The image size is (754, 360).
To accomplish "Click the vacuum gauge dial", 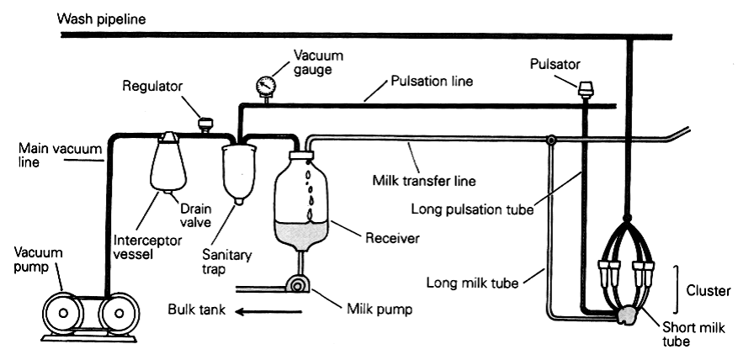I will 265,85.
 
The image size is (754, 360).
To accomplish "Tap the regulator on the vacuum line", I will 204,124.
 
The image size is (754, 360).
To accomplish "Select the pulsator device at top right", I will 584,87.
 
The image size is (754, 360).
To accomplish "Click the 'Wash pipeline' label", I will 101,18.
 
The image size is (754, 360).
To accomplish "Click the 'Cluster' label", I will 711,290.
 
